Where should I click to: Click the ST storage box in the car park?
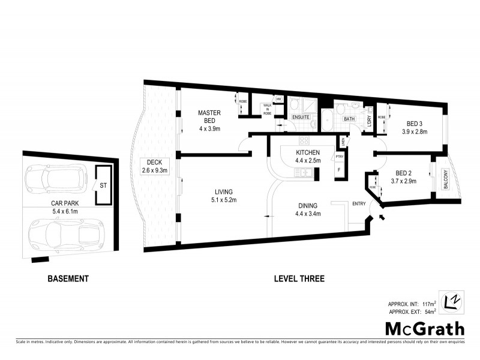(x=104, y=185)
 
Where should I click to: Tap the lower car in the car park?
(x=67, y=232)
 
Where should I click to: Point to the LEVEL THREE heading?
(x=299, y=278)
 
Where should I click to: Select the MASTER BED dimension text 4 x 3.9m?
(x=209, y=129)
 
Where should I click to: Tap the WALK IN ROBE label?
(x=267, y=109)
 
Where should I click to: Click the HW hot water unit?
(x=278, y=99)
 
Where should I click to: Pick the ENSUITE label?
(x=301, y=117)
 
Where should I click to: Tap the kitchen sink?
(x=308, y=173)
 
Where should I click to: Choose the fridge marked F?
(x=339, y=170)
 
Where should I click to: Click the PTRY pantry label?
(x=339, y=157)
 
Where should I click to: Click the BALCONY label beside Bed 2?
(x=445, y=179)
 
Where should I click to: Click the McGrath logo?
(x=424, y=328)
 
